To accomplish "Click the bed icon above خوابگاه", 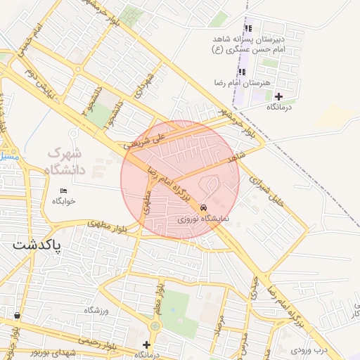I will (64, 190).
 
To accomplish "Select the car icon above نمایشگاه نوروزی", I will (203, 208).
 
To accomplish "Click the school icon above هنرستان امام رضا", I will (243, 72).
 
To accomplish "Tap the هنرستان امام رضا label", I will (243, 83).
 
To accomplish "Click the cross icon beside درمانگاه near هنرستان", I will (279, 96).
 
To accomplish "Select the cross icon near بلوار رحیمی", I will (146, 345).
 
